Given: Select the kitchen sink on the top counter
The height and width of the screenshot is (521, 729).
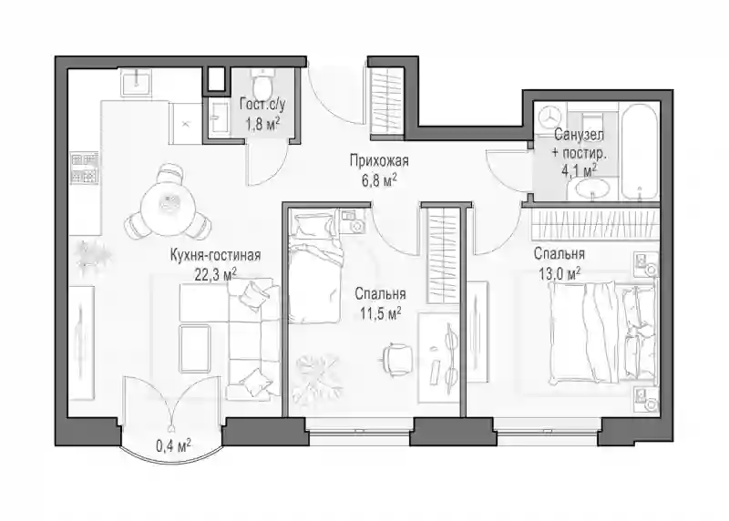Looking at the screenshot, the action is pyautogui.click(x=136, y=82).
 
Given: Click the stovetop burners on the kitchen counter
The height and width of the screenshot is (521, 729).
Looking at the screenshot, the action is pyautogui.click(x=84, y=168).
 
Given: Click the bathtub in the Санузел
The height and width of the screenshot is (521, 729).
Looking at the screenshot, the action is pyautogui.click(x=639, y=152).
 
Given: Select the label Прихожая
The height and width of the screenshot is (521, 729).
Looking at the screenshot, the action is pyautogui.click(x=379, y=161).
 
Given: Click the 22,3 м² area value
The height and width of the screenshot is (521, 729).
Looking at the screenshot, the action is pyautogui.click(x=215, y=275).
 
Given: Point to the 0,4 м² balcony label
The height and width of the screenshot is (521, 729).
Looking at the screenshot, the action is pyautogui.click(x=173, y=446).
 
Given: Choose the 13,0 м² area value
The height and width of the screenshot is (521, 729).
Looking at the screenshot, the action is pyautogui.click(x=560, y=274).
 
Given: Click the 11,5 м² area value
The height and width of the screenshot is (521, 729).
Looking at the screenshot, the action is pyautogui.click(x=380, y=314).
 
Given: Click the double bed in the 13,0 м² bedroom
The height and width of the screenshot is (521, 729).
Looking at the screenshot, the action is pyautogui.click(x=602, y=333).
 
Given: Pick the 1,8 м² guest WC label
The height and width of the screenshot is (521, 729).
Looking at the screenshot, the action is pyautogui.click(x=262, y=125).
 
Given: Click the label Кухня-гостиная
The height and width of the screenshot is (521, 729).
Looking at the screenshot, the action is pyautogui.click(x=215, y=255).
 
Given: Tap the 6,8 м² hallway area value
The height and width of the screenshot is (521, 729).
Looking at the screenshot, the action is pyautogui.click(x=379, y=180).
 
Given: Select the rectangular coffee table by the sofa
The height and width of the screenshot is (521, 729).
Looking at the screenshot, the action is pyautogui.click(x=195, y=349).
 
